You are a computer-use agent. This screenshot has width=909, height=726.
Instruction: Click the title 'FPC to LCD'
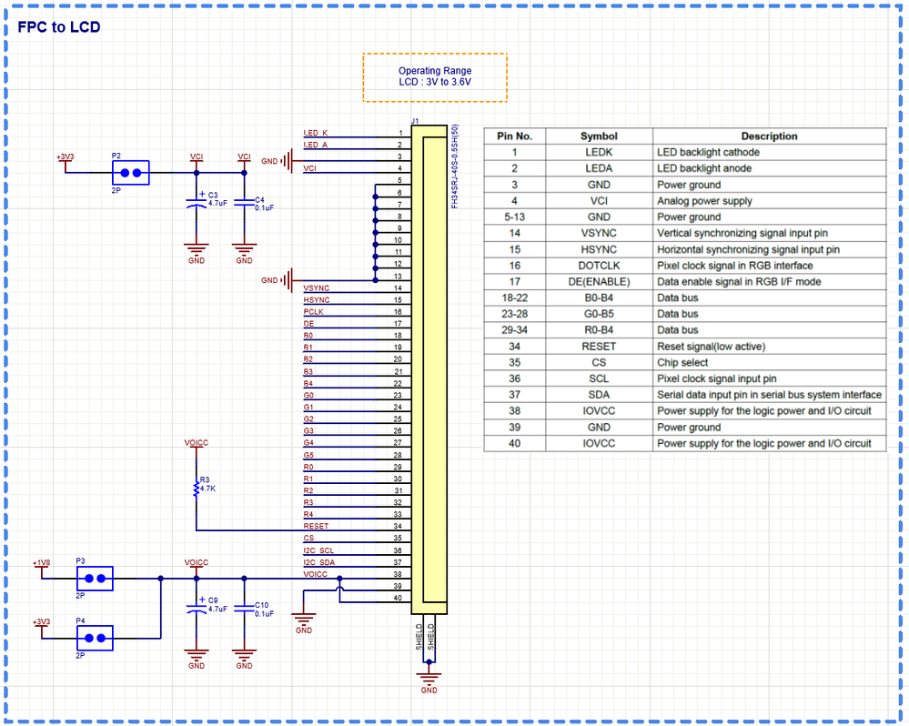pyautogui.click(x=59, y=27)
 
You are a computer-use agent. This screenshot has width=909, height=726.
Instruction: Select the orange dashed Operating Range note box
pyautogui.click(x=435, y=76)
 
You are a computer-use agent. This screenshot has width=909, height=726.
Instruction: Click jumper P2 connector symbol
pyautogui.click(x=129, y=171)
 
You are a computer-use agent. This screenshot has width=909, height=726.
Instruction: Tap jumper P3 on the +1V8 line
pyautogui.click(x=94, y=578)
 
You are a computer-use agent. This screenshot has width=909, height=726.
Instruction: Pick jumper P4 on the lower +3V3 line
pyautogui.click(x=94, y=638)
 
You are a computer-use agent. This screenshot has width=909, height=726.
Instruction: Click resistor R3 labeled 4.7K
pyautogui.click(x=197, y=489)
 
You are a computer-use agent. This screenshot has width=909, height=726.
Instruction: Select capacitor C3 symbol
pyautogui.click(x=195, y=203)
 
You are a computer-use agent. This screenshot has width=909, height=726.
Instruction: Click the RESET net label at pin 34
pyautogui.click(x=316, y=526)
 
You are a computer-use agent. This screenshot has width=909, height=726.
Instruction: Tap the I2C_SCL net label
pyautogui.click(x=318, y=550)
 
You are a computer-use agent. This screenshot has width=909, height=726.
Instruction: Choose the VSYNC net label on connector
pyautogui.click(x=317, y=288)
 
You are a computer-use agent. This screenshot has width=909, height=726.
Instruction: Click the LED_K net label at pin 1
pyautogui.click(x=316, y=134)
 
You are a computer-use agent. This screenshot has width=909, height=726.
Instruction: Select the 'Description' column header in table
pyautogui.click(x=769, y=136)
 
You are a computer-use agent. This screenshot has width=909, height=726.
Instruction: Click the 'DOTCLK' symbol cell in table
pyautogui.click(x=598, y=266)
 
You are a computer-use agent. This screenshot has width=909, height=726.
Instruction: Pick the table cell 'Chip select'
pyautogui.click(x=683, y=363)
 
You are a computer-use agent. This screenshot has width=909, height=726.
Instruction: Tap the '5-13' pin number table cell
pyautogui.click(x=514, y=217)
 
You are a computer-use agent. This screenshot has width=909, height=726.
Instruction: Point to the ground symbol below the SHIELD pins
pyautogui.click(x=429, y=676)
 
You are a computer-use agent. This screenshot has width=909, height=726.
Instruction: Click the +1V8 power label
pyautogui.click(x=41, y=563)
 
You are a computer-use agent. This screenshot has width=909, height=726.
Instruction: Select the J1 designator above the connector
pyautogui.click(x=415, y=121)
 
